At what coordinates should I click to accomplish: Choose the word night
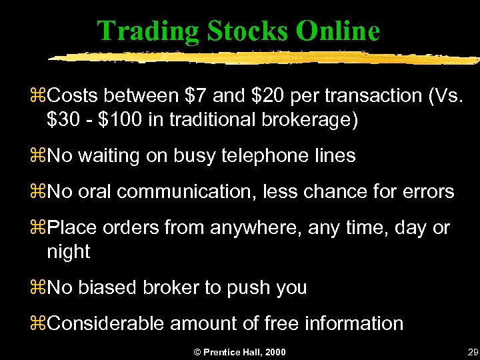coord(68,251)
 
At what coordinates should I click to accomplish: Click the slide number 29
coord(473,351)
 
